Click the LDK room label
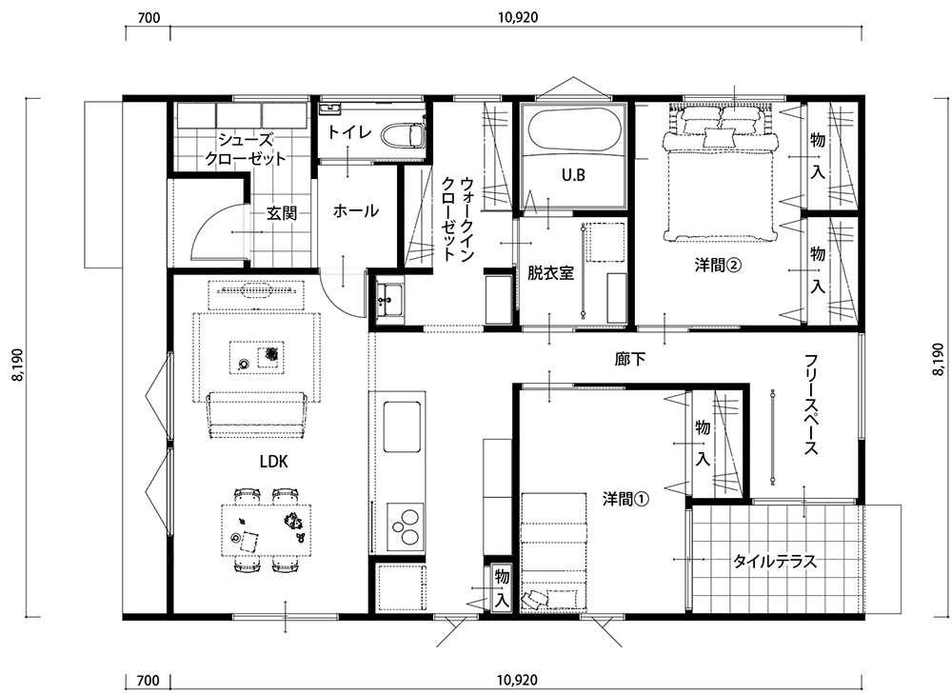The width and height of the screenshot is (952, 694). (x=274, y=462)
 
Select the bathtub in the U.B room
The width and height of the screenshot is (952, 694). (x=574, y=129)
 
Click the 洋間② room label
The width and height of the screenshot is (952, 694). (x=718, y=266)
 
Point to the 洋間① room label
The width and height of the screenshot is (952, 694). (x=626, y=499)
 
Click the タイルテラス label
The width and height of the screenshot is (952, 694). (x=774, y=561)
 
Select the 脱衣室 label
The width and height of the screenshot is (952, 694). (x=550, y=273)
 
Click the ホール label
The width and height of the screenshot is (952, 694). (x=356, y=211)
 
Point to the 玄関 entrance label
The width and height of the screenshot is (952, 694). (x=282, y=214)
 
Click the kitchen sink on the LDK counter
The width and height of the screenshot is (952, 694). (x=402, y=426)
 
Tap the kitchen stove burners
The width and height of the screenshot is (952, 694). (x=403, y=525)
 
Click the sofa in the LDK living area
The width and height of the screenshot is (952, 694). (x=255, y=416)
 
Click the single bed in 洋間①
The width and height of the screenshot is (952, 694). (x=553, y=550)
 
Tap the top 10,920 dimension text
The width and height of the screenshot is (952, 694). (x=518, y=17)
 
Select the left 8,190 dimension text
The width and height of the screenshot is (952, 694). (x=17, y=365)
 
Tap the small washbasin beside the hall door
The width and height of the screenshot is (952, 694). (x=389, y=300)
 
